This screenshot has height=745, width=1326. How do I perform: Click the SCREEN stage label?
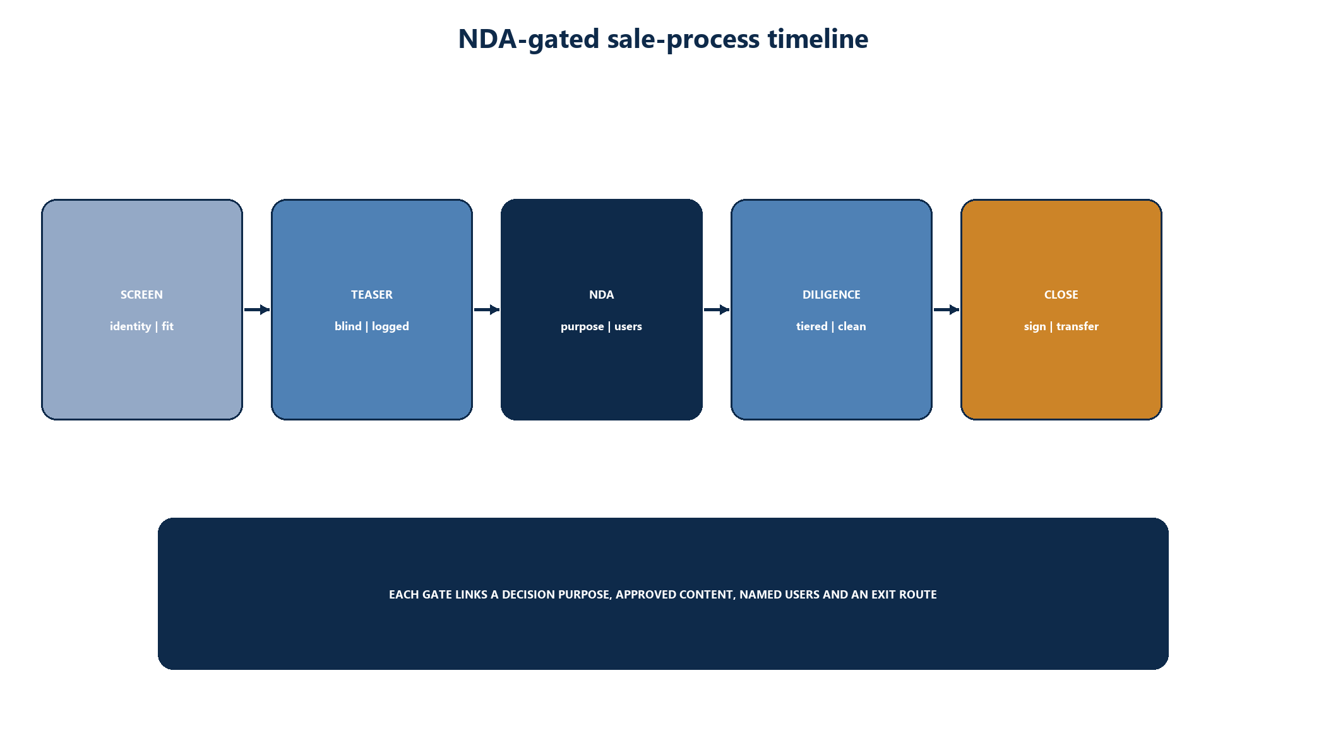tap(141, 295)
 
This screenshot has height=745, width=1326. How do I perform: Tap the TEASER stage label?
tap(372, 295)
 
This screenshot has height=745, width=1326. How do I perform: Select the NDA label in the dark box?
tap(601, 295)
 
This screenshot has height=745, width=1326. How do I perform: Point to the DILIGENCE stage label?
tap(831, 295)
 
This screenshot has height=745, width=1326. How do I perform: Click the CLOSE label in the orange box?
tap(1061, 295)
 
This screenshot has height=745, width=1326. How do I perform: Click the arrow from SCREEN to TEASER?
tap(257, 309)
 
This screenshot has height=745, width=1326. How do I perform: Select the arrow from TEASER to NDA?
tap(487, 309)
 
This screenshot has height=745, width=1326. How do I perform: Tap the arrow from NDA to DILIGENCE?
tap(717, 309)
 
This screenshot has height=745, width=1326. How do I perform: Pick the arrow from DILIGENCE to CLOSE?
tap(947, 309)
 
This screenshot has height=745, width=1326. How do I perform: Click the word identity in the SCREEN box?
tap(130, 326)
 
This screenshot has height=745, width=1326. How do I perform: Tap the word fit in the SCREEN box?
tap(167, 326)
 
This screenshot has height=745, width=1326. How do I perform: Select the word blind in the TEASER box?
tap(348, 326)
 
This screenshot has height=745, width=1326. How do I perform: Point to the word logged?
tap(390, 327)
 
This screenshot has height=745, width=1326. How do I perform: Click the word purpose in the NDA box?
tap(582, 327)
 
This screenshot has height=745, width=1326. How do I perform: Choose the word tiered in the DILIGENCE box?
tap(811, 326)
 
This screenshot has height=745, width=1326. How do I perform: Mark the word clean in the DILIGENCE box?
tap(852, 326)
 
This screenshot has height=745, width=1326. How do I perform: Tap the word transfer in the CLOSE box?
tap(1077, 326)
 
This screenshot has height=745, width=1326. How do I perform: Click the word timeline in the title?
tap(818, 39)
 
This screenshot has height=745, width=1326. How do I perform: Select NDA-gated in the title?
tap(529, 40)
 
